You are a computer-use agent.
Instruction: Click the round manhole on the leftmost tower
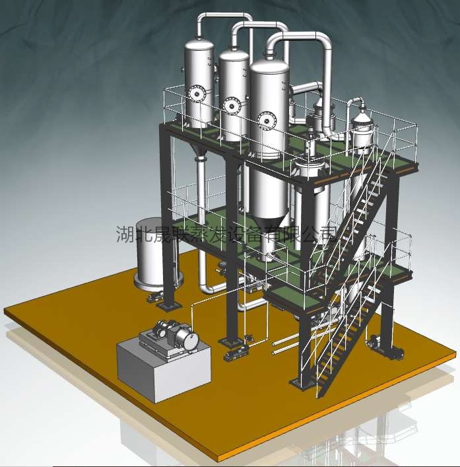click(197, 93)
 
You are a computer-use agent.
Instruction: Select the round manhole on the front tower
click(267, 120)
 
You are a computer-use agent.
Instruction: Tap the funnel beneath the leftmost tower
click(200, 152)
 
